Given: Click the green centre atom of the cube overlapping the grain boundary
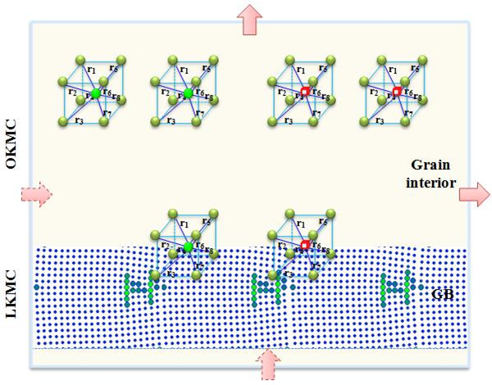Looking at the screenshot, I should [188, 247].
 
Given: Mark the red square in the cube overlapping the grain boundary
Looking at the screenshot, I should [304, 246].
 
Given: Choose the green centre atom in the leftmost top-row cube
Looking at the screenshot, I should [96, 94].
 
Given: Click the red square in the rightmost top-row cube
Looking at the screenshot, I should [396, 93].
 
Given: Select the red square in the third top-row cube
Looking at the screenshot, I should [304, 93].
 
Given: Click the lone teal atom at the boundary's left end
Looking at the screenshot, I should [37, 287].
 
